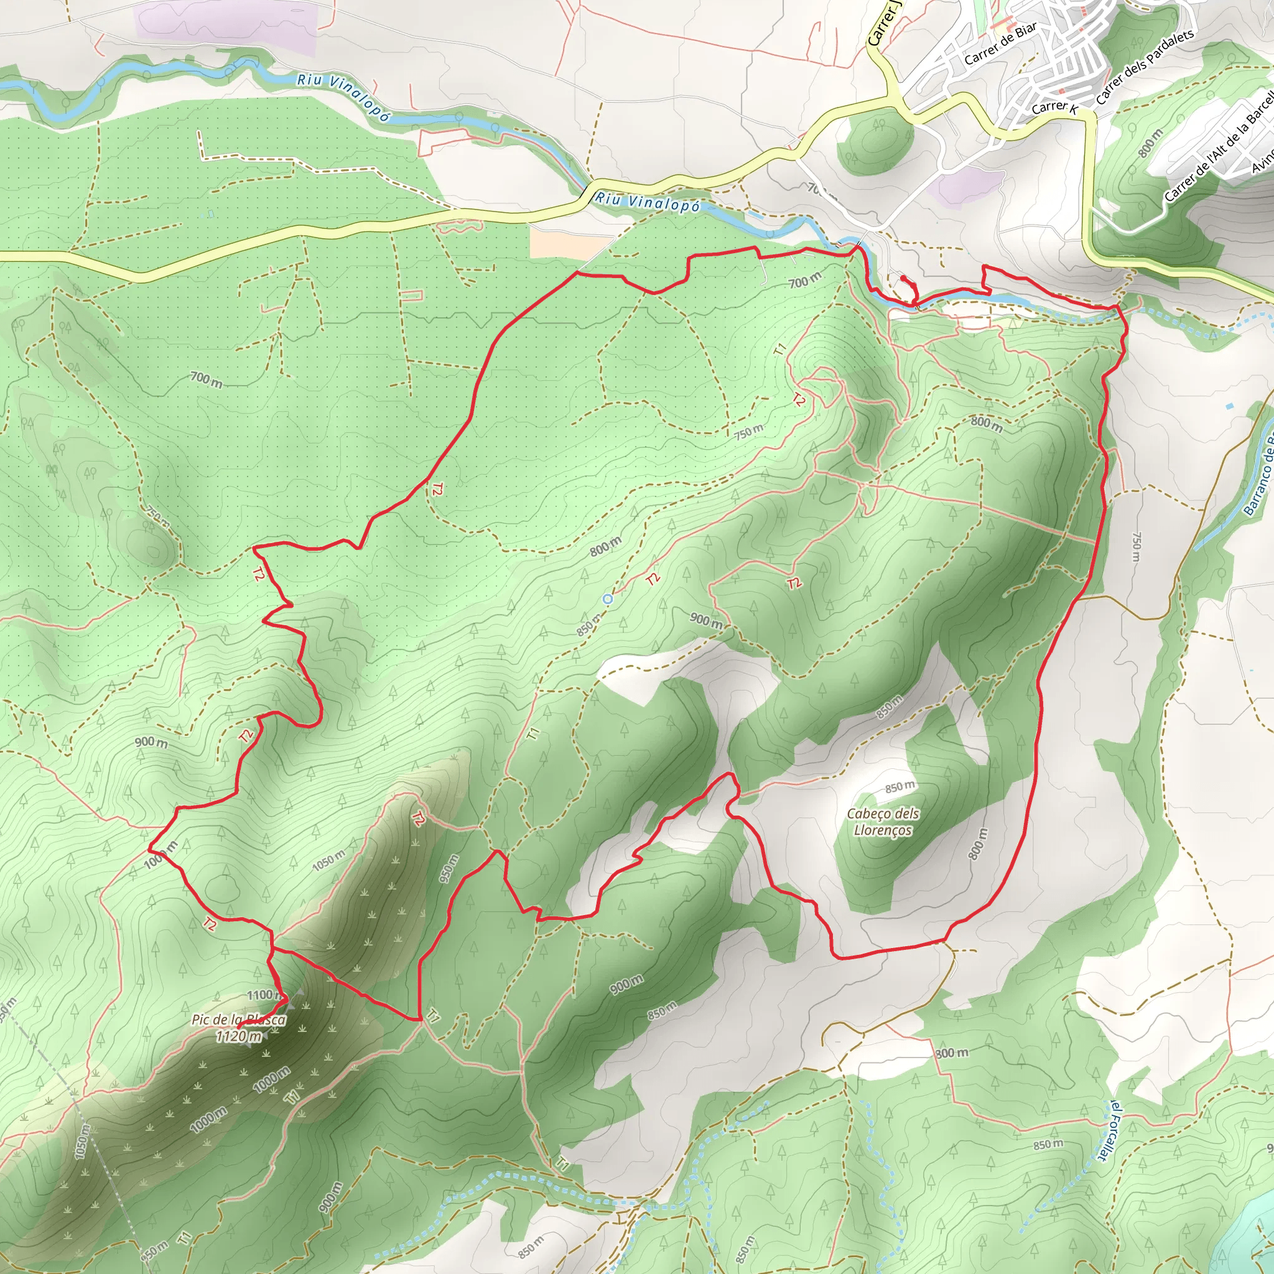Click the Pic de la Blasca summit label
tap(239, 1020)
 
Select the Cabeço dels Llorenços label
tap(883, 822)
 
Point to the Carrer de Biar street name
tap(1000, 44)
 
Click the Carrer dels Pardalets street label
tap(1145, 67)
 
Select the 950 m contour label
tap(449, 868)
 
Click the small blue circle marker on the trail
tap(608, 599)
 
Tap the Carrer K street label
tap(1054, 107)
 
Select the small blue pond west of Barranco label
tap(1229, 406)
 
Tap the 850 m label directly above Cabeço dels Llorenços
tap(900, 787)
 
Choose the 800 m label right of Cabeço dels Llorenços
tap(979, 845)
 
